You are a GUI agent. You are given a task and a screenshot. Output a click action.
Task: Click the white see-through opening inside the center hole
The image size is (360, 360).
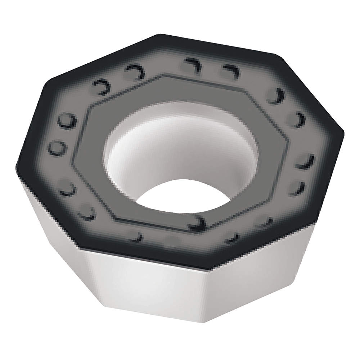(x=180, y=196)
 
